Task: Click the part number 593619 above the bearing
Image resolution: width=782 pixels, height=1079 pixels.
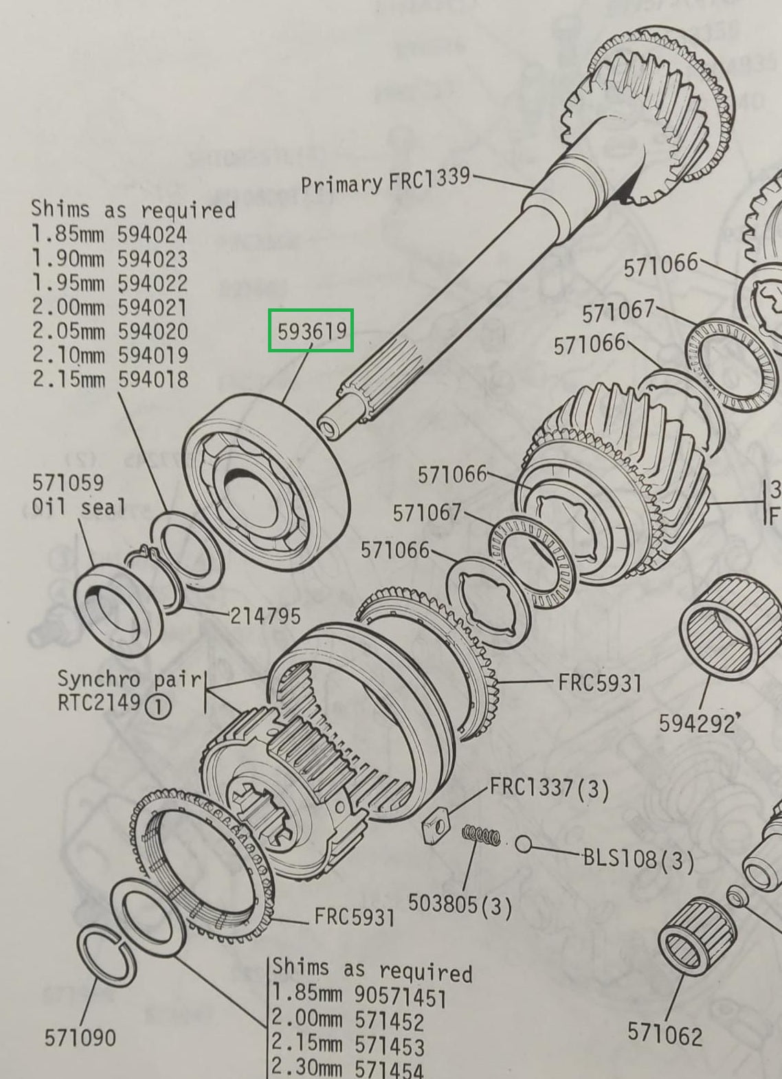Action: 311,332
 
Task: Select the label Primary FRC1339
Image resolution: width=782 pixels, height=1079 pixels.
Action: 385,182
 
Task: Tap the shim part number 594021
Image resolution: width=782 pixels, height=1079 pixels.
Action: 152,307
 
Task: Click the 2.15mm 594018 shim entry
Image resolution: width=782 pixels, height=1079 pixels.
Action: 110,379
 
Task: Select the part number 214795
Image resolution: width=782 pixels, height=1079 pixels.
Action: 265,615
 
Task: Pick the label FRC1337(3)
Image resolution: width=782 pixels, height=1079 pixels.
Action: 549,788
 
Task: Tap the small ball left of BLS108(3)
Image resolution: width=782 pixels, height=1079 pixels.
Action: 524,844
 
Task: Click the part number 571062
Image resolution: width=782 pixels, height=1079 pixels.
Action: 664,1034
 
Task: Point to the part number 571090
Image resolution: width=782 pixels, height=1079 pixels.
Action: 80,1037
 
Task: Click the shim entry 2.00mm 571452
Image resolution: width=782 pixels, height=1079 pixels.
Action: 347,1021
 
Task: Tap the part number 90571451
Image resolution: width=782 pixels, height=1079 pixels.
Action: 400,997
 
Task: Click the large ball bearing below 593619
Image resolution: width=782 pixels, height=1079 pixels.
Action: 267,481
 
